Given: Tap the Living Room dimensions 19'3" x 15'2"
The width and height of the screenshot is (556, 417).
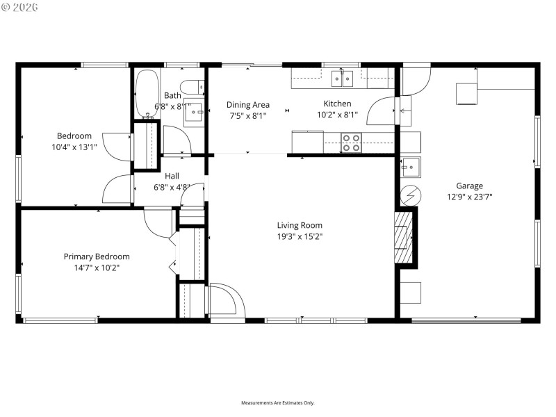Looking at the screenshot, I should coord(300,236).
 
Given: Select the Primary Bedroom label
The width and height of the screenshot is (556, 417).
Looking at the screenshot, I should coord(97,256).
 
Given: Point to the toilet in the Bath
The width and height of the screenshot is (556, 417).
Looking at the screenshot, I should coord(199,87).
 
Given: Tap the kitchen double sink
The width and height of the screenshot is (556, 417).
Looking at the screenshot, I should coord(342,79).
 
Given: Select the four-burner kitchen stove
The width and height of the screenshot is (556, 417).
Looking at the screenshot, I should coord(351,142).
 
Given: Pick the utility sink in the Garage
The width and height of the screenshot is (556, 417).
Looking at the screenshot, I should coord(409,167).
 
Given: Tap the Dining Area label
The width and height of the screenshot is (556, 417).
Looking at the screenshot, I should coord(248,105).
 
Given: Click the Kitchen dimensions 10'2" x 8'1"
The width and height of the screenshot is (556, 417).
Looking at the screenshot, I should coord(337,115).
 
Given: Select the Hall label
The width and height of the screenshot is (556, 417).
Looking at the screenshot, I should coord(172,176).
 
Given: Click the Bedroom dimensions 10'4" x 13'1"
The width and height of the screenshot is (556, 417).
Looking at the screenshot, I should coord(74,147).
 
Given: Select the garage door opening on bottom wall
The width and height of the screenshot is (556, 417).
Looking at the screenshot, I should coord(466,320).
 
